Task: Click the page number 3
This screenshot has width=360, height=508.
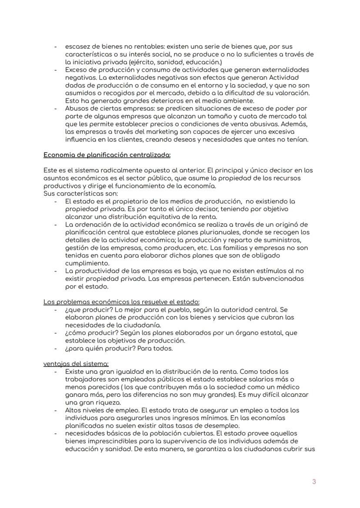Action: pyautogui.click(x=314, y=481)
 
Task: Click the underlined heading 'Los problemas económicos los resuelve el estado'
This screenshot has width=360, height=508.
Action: pyautogui.click(x=122, y=302)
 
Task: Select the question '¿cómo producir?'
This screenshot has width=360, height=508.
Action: pyautogui.click(x=89, y=332)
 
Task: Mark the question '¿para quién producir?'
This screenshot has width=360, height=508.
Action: pyautogui.click(x=99, y=348)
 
